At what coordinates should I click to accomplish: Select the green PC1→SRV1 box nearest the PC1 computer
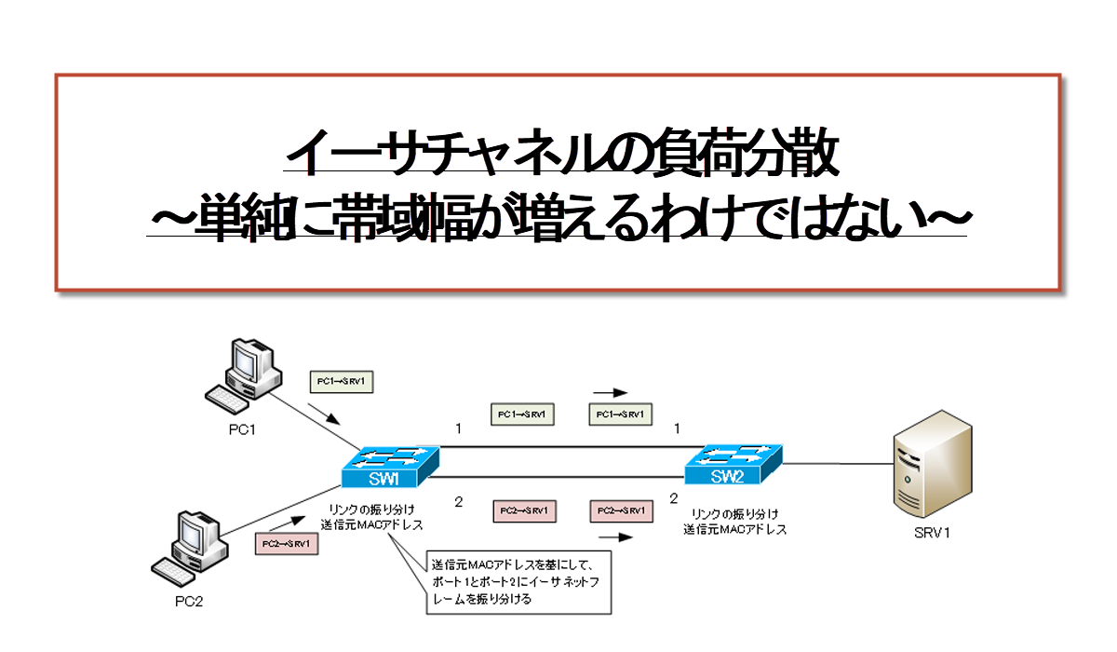[x=341, y=381]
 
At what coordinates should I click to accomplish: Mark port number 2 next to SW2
[x=674, y=499]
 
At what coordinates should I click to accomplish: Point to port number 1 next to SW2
[x=677, y=428]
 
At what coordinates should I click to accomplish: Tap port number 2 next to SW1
[x=458, y=502]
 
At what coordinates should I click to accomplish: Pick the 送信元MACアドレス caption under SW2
[x=735, y=529]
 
